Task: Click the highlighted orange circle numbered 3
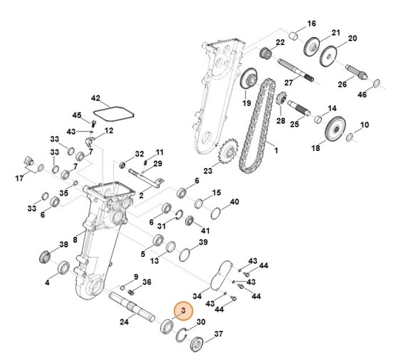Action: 182,310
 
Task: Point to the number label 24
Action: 124,322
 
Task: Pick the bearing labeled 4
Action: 63,268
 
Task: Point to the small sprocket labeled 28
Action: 279,107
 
